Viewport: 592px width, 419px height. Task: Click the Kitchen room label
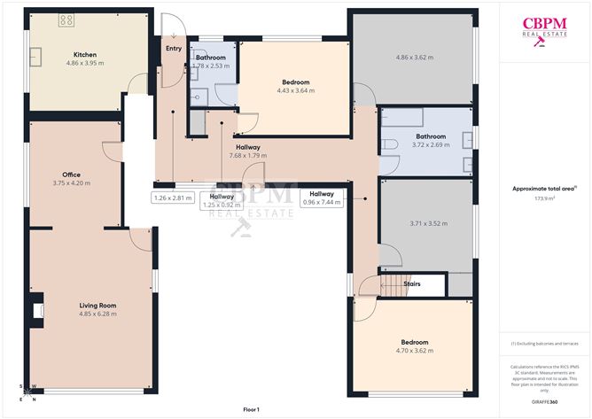tap(84, 55)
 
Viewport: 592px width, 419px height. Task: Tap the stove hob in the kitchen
tap(67, 19)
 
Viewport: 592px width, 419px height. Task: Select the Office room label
tap(71, 175)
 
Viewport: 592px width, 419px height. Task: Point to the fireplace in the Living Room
tap(36, 310)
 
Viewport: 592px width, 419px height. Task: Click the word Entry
tap(173, 49)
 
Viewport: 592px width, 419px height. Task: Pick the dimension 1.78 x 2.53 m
tap(210, 66)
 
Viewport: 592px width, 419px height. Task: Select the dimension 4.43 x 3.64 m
tap(292, 90)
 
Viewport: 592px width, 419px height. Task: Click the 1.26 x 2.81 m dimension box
tap(172, 198)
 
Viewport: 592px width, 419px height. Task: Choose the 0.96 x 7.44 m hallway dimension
tap(321, 202)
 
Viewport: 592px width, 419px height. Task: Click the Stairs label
tap(412, 284)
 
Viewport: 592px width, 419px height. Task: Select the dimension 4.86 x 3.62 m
tap(415, 58)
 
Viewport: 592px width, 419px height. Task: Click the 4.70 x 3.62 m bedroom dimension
tap(414, 351)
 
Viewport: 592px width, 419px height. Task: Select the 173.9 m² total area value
tap(544, 199)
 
